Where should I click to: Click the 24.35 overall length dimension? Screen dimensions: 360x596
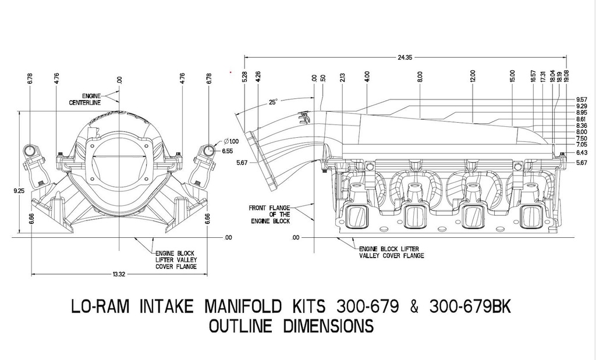405,58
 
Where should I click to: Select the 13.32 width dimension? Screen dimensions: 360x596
119,275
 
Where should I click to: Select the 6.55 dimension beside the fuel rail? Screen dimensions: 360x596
227,151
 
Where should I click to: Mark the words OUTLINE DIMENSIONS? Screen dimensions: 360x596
290,327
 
